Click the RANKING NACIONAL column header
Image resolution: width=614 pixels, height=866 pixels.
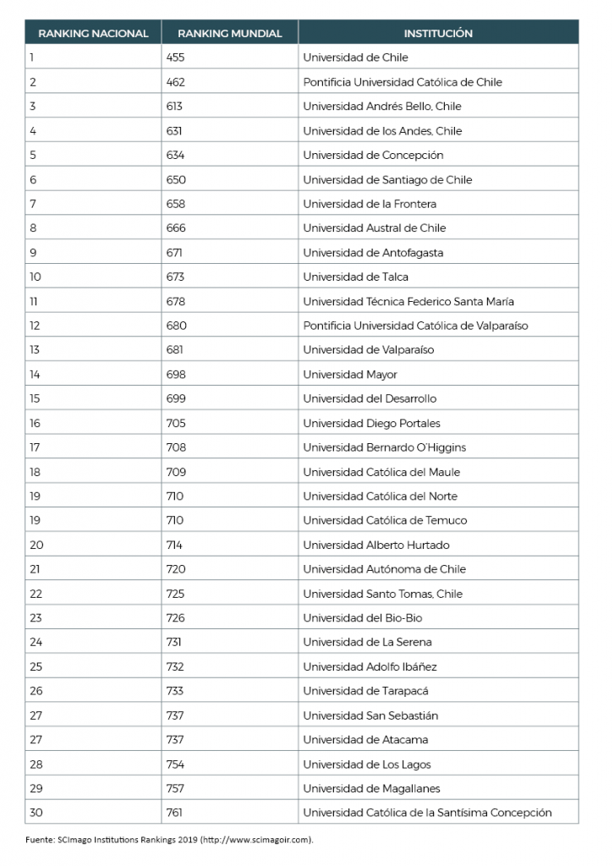tap(93, 34)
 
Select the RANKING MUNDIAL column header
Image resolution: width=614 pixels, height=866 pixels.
tap(229, 34)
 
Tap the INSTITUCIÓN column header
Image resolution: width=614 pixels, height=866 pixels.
tap(438, 34)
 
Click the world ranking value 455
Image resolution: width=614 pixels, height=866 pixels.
tap(176, 58)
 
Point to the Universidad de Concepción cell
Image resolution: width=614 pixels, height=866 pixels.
tap(373, 155)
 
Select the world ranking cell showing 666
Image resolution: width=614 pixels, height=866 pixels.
tap(176, 228)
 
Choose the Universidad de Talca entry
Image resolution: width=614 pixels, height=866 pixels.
tap(355, 277)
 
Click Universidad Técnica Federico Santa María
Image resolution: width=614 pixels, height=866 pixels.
tap(408, 301)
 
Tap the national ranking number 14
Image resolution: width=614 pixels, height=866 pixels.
tap(35, 375)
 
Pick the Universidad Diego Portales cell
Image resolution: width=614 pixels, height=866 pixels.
tap(371, 423)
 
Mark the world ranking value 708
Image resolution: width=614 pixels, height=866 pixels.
tap(176, 447)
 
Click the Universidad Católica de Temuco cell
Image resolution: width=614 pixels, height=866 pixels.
tap(385, 520)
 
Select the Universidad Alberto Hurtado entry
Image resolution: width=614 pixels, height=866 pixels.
tap(376, 545)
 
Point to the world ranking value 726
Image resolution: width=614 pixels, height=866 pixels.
tap(176, 618)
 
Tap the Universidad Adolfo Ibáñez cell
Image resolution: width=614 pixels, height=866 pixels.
tap(370, 666)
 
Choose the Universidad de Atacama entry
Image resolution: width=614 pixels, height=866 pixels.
tap(365, 740)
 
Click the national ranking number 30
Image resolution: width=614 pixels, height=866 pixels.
tap(36, 813)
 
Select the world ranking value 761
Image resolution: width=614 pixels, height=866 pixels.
tap(175, 813)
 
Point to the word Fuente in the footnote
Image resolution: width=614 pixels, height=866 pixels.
tap(39, 840)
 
